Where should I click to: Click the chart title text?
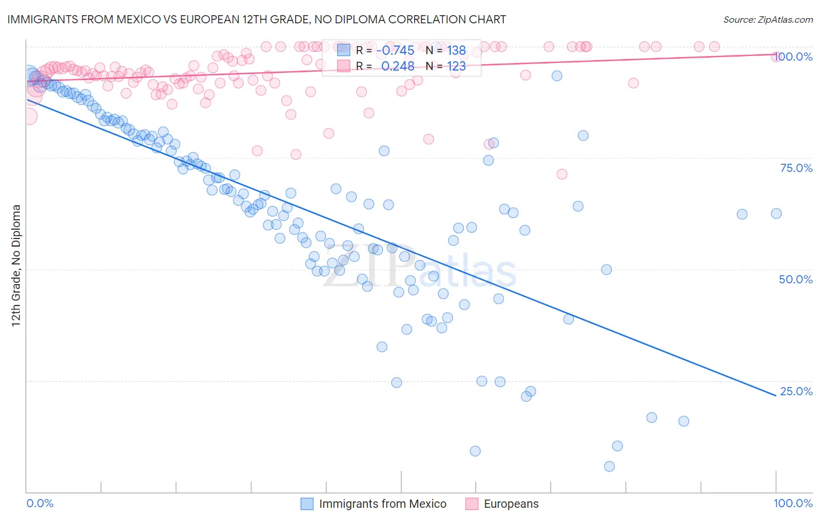coord(257,19)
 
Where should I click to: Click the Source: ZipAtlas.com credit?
coord(768,19)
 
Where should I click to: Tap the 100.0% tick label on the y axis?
coord(796,57)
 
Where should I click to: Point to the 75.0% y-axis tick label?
coord(796,168)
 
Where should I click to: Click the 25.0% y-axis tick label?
coord(796,391)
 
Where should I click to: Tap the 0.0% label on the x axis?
coord(40,503)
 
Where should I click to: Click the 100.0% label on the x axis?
coord(793,503)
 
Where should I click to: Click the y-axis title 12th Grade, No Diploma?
coord(16,265)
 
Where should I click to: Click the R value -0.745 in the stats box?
coord(395,51)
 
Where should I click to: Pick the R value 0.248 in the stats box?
coord(397,66)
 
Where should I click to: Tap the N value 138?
coord(456,51)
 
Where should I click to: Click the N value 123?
coord(456,66)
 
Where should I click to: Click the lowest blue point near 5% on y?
coord(609,466)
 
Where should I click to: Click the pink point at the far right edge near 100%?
coord(776,57)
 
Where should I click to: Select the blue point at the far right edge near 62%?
coord(776,213)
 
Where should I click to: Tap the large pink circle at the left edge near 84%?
coord(28,117)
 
